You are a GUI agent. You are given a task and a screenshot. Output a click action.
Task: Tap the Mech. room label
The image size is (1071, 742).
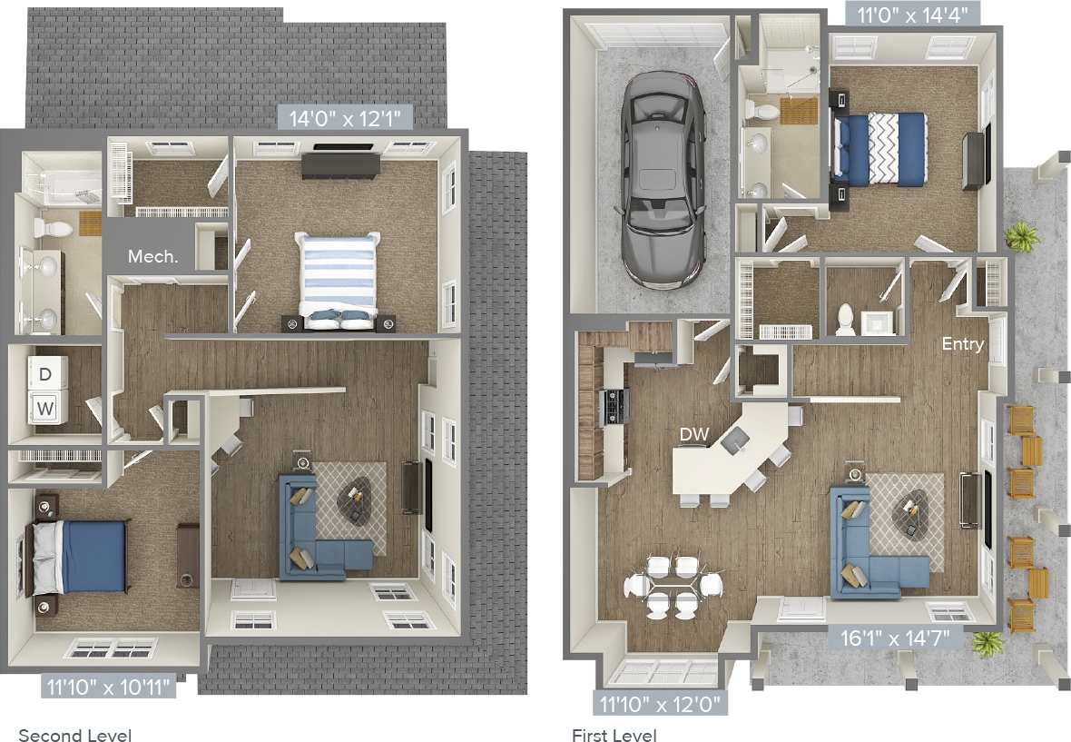click(152, 256)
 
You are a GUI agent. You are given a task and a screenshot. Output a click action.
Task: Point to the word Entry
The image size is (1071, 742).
click(962, 344)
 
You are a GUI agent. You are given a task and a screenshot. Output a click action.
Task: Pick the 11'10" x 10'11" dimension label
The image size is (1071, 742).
click(107, 687)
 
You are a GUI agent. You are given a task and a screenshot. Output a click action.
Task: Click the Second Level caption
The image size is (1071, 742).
click(75, 735)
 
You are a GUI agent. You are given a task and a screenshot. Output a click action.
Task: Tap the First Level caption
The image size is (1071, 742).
click(614, 735)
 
